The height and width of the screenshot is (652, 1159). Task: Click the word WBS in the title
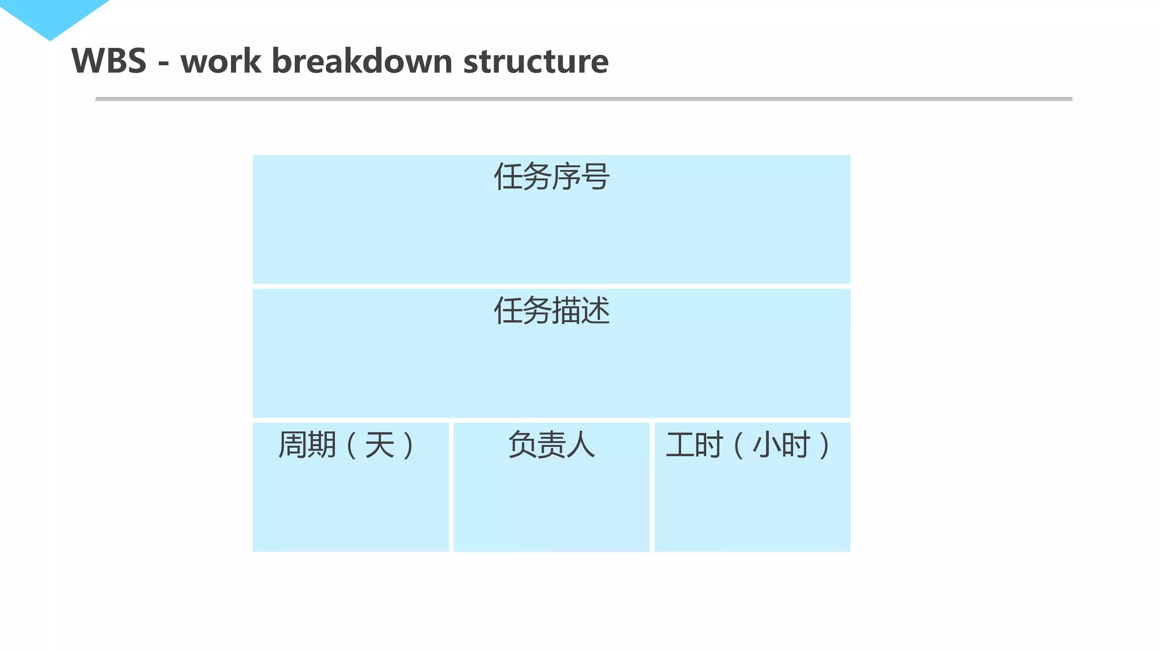(109, 61)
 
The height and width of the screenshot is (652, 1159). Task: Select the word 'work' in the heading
(221, 61)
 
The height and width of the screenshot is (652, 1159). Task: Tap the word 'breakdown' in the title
(362, 61)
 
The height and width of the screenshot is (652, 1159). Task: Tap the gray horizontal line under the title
(583, 98)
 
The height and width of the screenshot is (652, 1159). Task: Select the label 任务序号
(552, 177)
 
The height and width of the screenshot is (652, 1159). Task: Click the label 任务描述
(552, 311)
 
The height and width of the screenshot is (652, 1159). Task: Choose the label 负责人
(552, 445)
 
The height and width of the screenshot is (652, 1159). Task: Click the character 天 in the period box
(380, 445)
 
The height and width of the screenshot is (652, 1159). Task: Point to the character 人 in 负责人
(581, 445)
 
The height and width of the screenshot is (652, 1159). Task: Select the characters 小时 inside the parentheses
(782, 445)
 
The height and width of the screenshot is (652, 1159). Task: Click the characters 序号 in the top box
(581, 177)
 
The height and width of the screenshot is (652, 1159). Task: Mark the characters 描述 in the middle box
(581, 311)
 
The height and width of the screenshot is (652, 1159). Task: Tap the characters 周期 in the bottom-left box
(307, 445)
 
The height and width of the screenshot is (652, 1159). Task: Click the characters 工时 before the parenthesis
(694, 445)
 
